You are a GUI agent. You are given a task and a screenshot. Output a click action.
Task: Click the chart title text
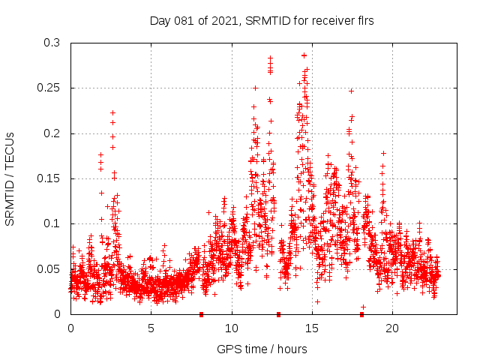tap(262, 20)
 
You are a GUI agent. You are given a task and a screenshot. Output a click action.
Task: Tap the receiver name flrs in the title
tap(364, 20)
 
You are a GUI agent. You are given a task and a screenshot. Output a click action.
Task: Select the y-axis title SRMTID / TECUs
tap(10, 178)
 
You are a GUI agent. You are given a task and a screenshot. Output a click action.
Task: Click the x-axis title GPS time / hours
tap(262, 349)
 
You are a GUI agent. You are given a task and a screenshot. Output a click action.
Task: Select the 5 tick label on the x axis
tap(151, 328)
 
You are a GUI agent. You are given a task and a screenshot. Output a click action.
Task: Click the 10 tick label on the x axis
tap(232, 328)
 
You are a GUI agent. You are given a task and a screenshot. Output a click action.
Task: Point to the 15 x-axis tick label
tap(312, 328)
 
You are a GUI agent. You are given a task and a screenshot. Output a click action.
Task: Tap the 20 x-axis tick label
tap(392, 328)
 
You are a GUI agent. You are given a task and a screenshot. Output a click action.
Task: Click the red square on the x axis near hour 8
tap(201, 314)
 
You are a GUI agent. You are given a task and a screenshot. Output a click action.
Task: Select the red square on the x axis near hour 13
tap(278, 314)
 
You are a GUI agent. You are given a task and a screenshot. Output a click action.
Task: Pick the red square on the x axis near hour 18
tap(361, 314)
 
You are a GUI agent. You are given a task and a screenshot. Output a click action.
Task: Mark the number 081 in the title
tap(181, 20)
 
